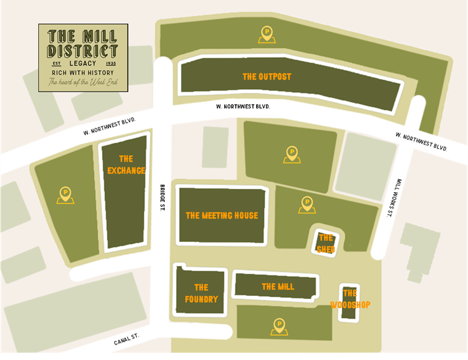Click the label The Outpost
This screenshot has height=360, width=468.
267,77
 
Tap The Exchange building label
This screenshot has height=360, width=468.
126,164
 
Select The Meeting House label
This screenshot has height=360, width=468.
222,215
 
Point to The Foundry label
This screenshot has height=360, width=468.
201,293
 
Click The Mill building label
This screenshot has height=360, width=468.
278,286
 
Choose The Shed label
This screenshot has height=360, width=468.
326,243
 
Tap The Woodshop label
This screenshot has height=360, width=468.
350,299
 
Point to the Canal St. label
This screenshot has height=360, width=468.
127,338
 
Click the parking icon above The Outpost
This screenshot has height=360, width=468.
267,34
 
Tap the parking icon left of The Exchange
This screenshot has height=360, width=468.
65,195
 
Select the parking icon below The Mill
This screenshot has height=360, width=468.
280,326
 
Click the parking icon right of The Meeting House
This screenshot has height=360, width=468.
307,204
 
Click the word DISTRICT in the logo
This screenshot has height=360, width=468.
83,49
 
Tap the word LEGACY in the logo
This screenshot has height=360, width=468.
83,63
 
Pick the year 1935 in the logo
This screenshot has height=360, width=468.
111,63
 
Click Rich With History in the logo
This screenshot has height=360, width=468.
83,73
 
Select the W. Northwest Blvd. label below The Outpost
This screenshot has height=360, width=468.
243,106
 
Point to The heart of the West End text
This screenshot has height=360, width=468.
83,82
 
